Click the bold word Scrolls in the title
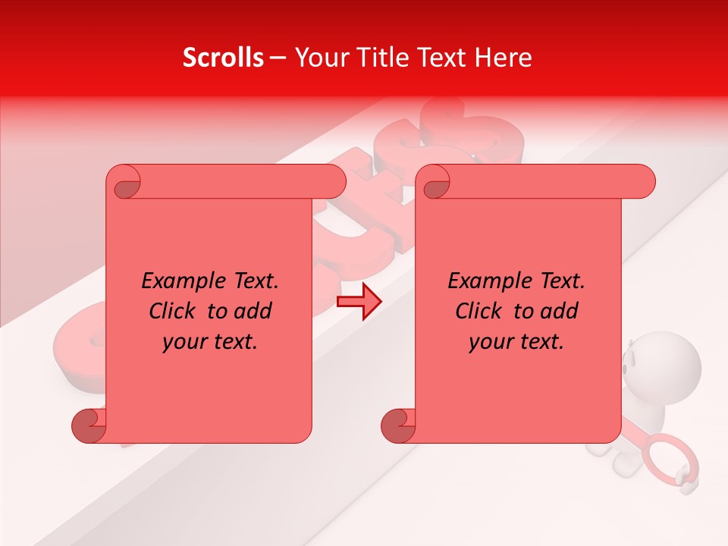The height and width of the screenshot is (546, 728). [x=224, y=58]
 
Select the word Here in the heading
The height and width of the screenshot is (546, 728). [x=502, y=58]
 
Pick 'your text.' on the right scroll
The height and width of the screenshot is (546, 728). [x=516, y=342]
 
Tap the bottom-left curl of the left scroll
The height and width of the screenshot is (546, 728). [x=89, y=426]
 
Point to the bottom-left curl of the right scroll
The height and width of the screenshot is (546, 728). [x=397, y=426]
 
